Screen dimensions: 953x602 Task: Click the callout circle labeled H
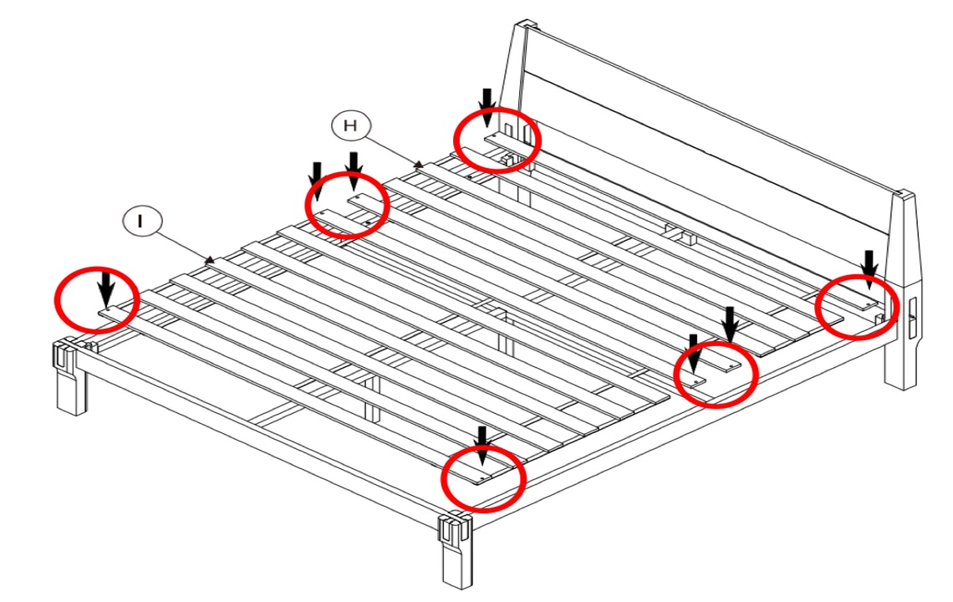351,126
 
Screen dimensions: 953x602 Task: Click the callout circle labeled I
142,221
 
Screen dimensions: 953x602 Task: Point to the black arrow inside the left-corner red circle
106,289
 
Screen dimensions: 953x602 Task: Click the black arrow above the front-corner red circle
482,445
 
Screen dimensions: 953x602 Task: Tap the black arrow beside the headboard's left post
487,107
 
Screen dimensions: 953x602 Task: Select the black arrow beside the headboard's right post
870,269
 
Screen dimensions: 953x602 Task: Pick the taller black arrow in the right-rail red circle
731,324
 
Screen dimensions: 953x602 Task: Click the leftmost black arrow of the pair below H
316,181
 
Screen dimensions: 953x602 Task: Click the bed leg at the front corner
456,551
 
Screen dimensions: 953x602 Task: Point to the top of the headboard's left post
527,26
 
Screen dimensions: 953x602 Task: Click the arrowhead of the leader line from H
419,164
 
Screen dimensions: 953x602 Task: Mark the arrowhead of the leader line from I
211,260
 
